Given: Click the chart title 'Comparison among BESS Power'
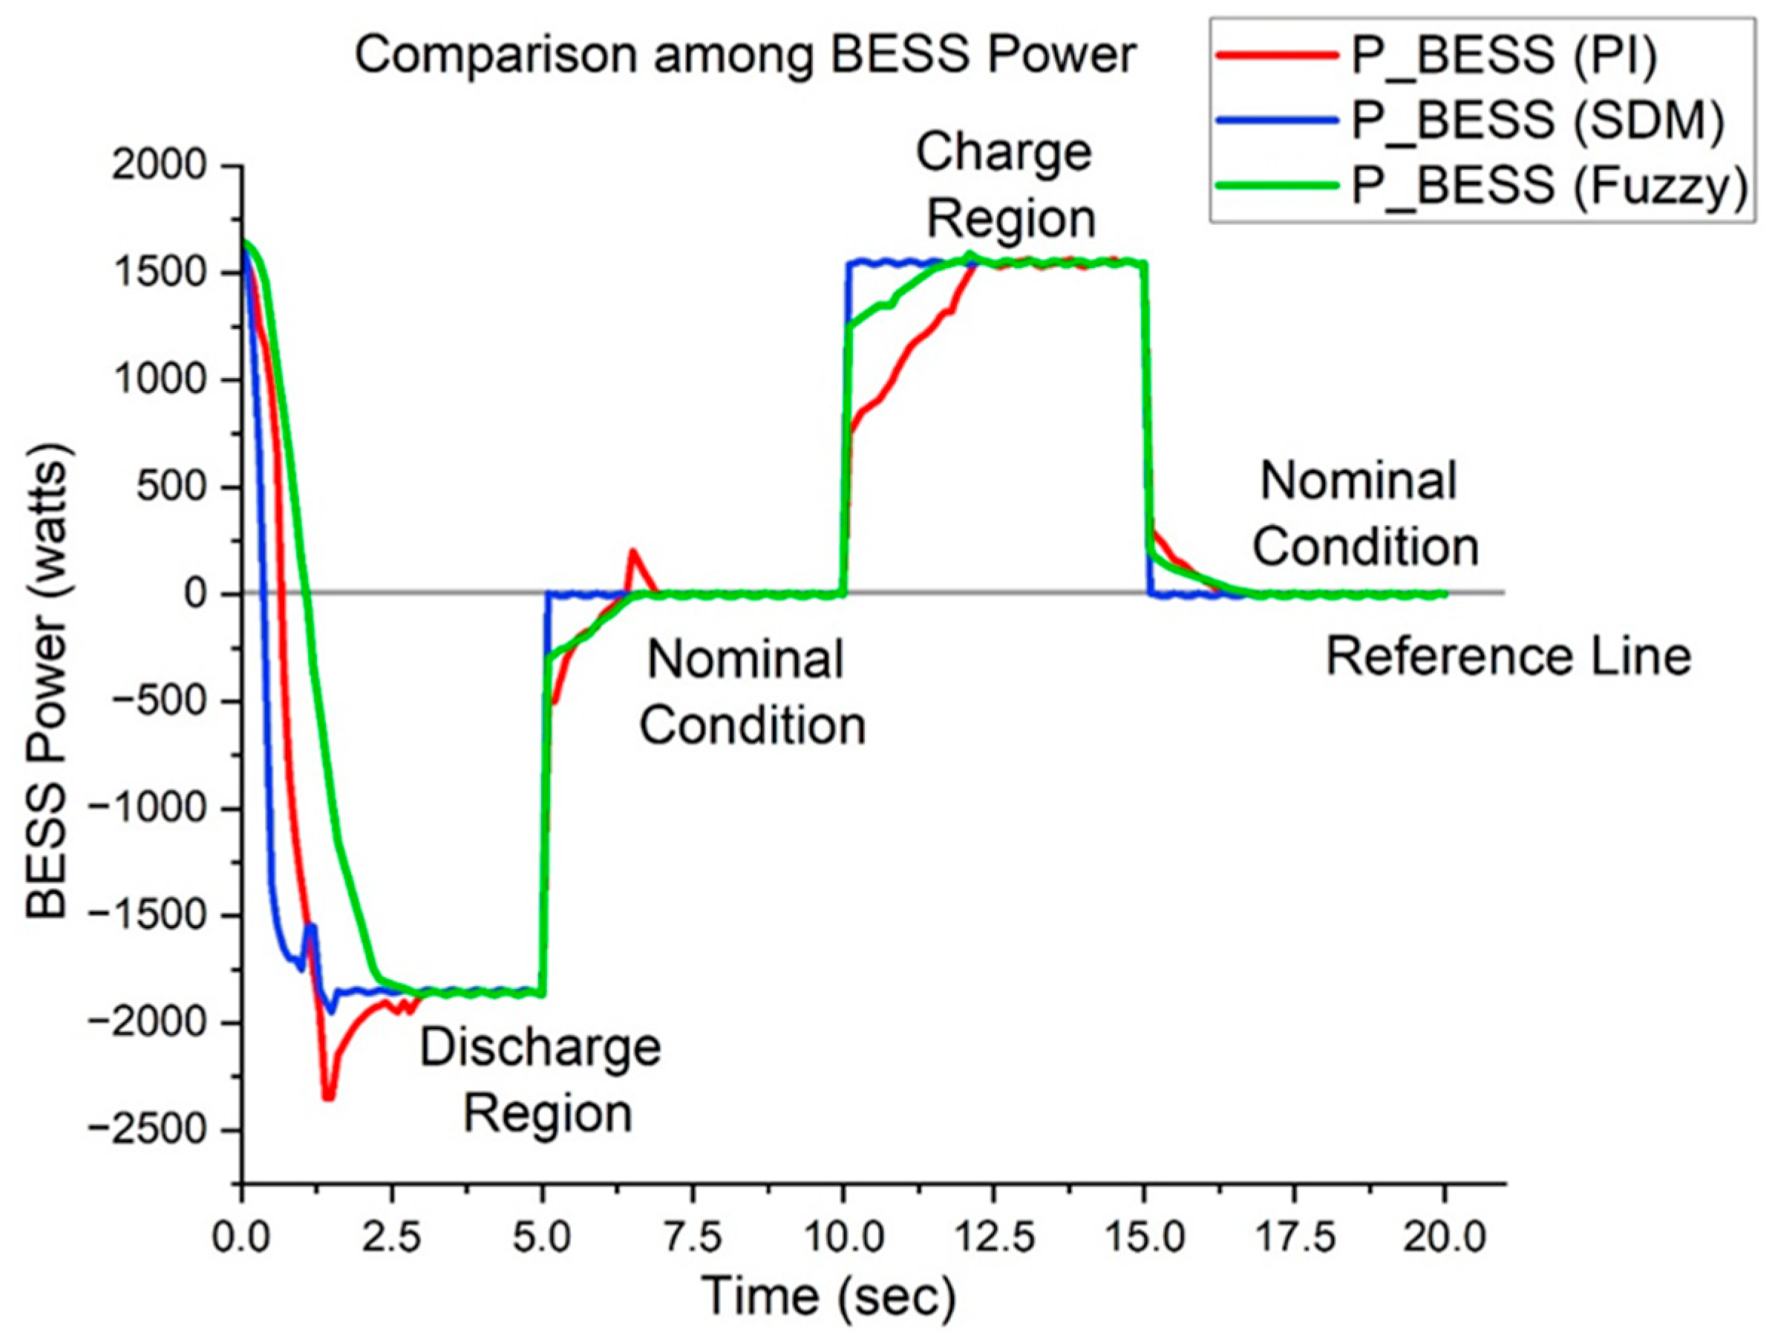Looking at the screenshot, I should [745, 57].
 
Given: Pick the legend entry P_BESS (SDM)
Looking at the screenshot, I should [1537, 121].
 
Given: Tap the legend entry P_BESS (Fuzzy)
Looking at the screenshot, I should [1549, 185].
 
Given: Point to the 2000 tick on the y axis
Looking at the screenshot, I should [159, 166].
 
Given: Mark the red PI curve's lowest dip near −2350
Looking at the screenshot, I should [327, 1097].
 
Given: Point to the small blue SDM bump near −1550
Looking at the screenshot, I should [311, 927].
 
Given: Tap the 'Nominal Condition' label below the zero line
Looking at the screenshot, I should [751, 693].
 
